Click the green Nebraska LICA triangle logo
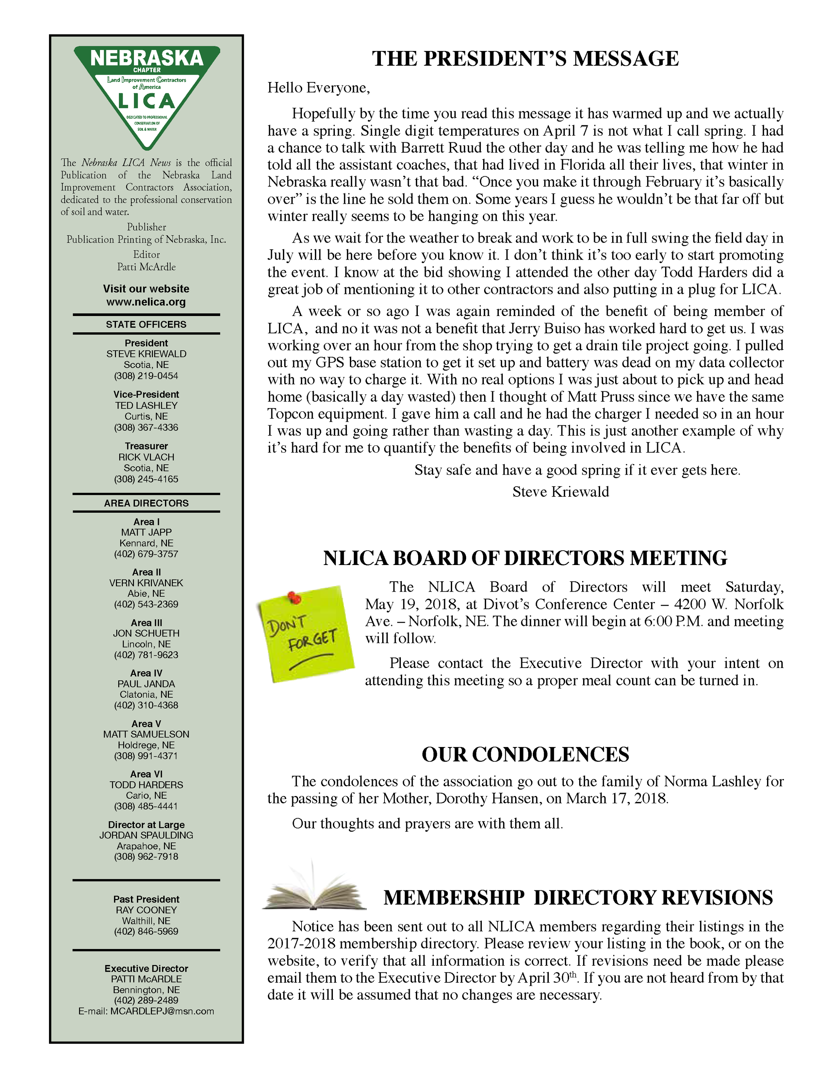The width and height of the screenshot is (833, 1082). (147, 94)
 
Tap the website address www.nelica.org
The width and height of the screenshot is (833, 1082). (146, 302)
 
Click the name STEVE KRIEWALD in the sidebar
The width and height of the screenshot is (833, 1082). (146, 354)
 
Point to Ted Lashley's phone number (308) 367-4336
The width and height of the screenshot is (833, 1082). (146, 427)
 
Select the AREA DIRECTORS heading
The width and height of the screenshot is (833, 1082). (146, 503)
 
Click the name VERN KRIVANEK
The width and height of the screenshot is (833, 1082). (146, 583)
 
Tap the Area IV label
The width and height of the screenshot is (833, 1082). (146, 673)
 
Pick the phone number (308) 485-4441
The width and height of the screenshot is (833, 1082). (146, 806)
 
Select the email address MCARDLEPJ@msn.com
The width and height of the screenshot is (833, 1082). (162, 1011)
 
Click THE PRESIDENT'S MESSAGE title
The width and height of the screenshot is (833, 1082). (525, 58)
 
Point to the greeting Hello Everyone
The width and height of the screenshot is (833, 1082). (319, 88)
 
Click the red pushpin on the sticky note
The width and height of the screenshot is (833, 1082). (295, 597)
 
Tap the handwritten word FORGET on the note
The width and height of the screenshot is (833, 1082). (313, 639)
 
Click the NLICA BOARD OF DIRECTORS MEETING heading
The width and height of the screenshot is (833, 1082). (525, 558)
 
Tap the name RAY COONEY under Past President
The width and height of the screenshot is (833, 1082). (146, 910)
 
